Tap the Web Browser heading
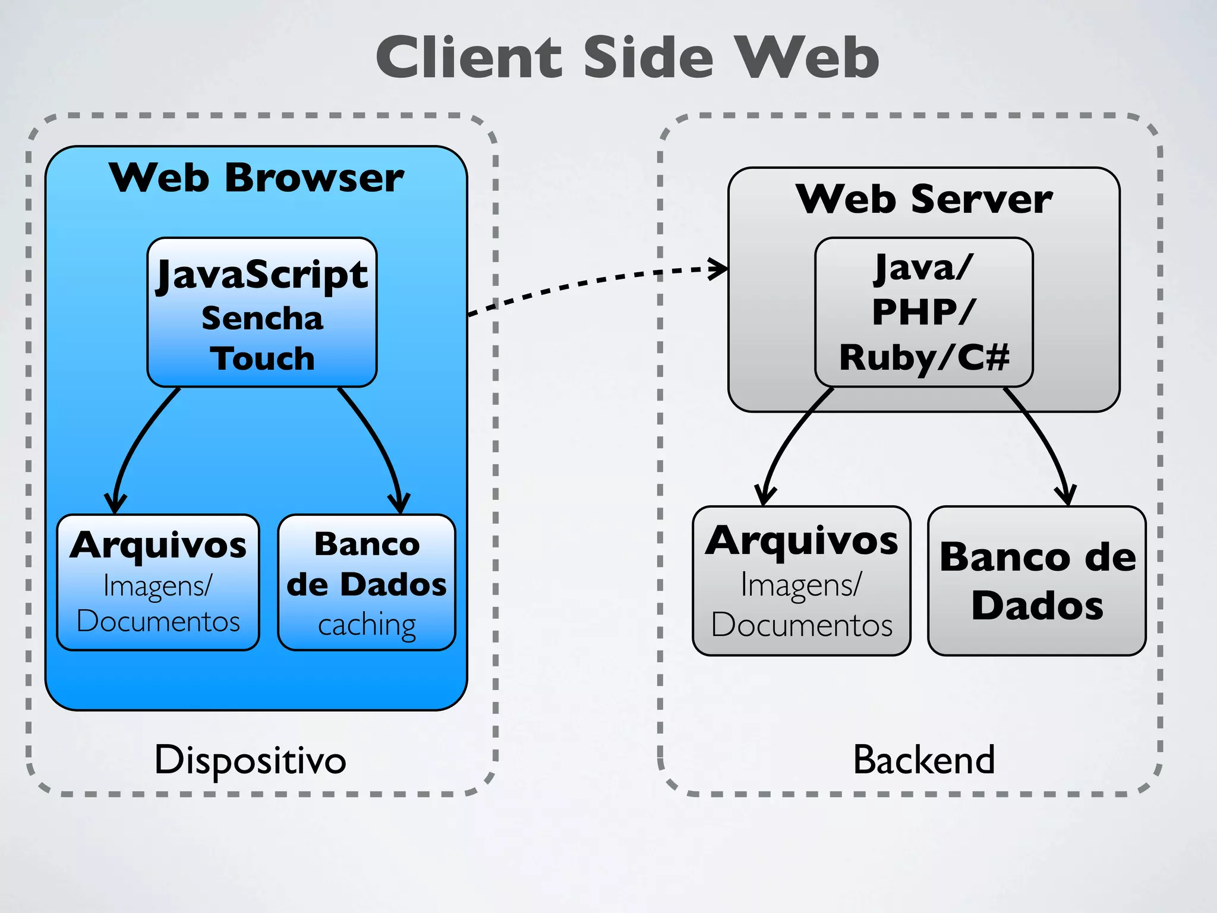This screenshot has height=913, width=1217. point(256,178)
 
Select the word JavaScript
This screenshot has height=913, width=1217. point(262,275)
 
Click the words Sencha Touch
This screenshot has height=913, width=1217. point(262,339)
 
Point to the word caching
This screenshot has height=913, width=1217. point(367,625)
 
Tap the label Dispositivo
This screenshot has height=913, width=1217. point(250,760)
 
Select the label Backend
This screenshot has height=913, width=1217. point(923,760)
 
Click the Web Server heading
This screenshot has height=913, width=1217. point(923,199)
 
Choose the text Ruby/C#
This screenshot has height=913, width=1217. point(923,358)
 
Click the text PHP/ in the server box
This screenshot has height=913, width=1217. point(923,311)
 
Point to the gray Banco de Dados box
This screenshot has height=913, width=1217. point(1037,581)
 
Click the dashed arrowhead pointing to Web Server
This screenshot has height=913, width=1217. point(720,268)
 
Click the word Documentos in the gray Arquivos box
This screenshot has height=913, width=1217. point(801,625)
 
